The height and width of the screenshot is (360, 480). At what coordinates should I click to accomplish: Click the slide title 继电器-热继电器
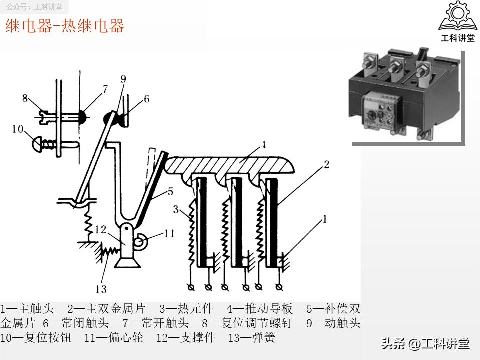point(64,26)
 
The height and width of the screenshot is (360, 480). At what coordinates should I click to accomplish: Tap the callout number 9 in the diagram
point(123,79)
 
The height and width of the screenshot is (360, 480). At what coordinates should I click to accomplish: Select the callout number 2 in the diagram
point(326,164)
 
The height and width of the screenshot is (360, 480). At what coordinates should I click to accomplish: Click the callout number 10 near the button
point(18,129)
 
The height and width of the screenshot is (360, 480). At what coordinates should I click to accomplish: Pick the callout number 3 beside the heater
point(176,209)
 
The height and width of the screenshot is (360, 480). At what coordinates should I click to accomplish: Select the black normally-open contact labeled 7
point(80,116)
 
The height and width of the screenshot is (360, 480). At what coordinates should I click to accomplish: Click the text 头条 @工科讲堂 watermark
point(425,344)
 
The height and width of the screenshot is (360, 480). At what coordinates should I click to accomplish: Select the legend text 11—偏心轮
point(113,338)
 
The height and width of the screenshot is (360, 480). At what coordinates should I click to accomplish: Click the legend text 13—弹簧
point(251,338)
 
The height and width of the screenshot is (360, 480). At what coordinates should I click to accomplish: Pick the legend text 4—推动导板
point(259,309)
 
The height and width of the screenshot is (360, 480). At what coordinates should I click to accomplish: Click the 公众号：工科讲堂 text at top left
point(34,7)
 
